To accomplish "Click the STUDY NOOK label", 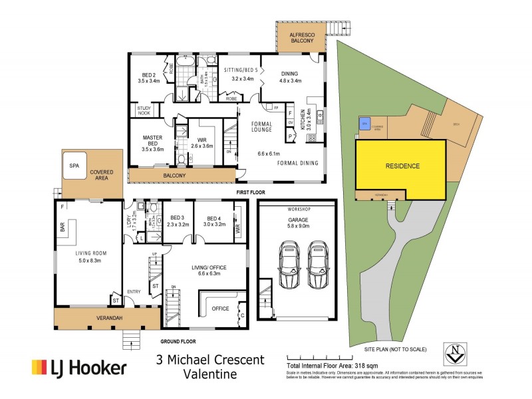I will tap(144, 110).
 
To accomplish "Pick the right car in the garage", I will tap(317, 265).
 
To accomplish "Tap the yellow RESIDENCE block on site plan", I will tap(401, 166).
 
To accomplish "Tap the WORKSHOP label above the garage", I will tap(297, 209).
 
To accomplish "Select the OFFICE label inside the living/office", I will tap(219, 309).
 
